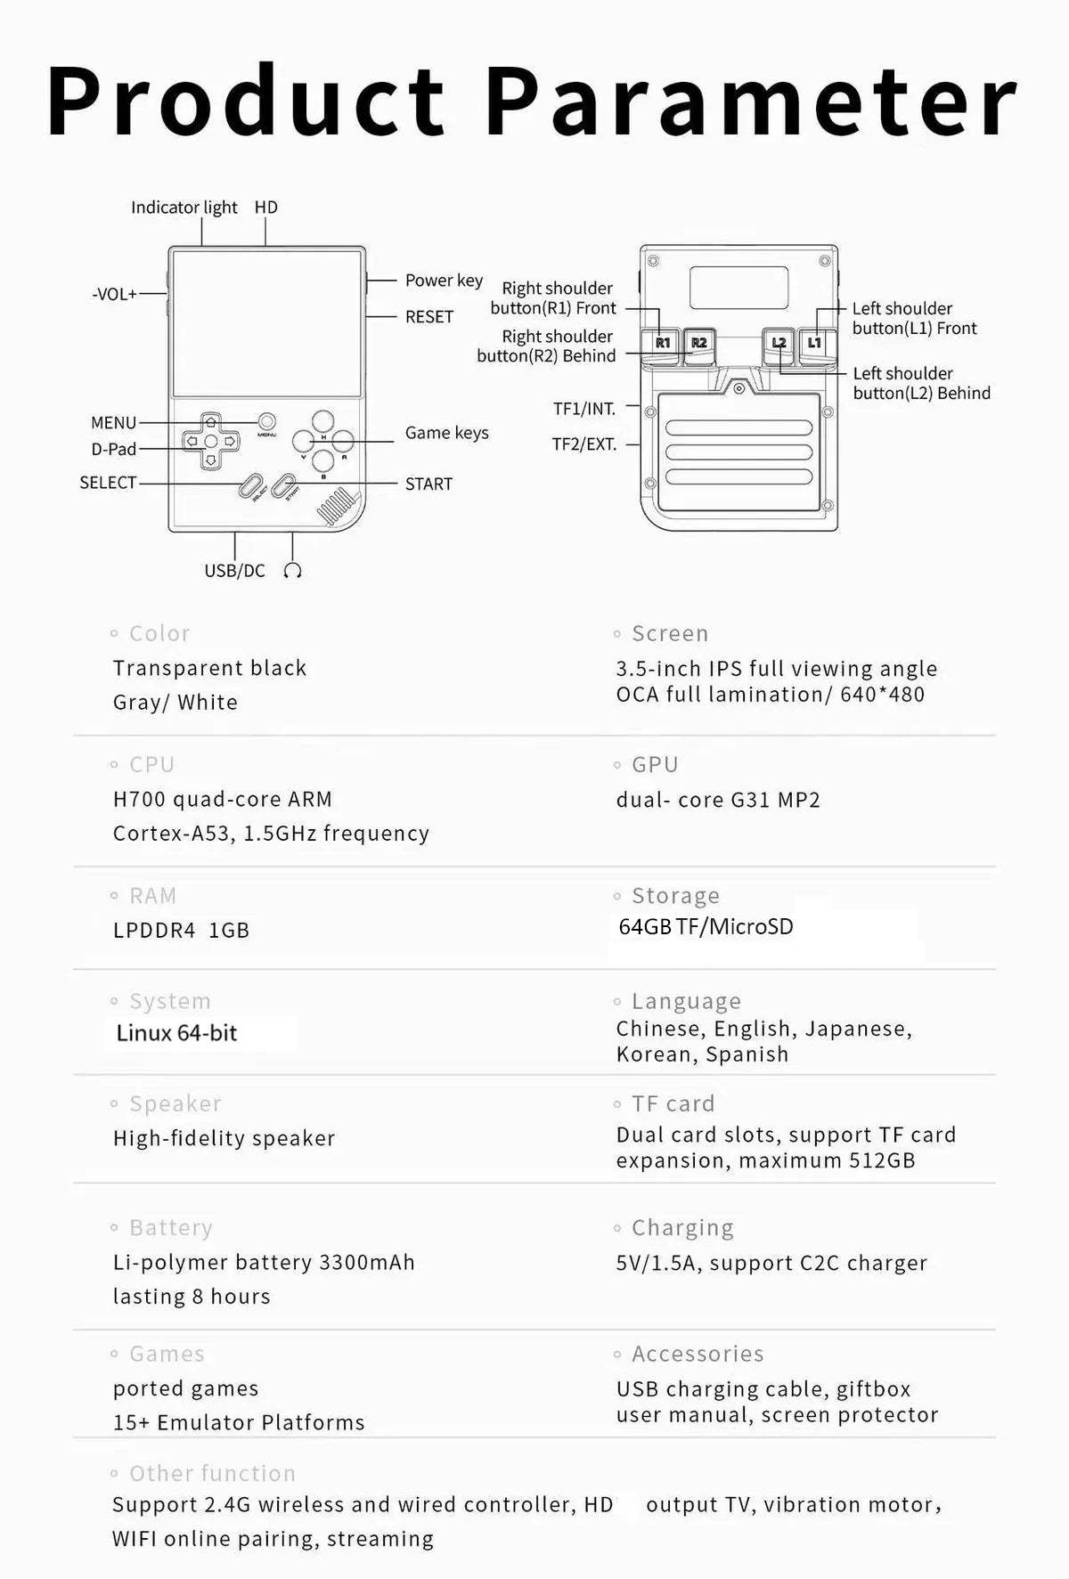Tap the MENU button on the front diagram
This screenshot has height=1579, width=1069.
coord(266,421)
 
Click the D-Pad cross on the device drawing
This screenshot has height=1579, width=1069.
coord(210,441)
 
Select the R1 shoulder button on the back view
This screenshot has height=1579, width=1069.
coord(662,343)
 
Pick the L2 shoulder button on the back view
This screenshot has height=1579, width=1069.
coord(779,343)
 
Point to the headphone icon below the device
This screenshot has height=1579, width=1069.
coord(292,571)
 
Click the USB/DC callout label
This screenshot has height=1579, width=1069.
coord(234,571)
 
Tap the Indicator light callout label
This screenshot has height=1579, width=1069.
coord(184,208)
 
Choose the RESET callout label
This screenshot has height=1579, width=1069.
coord(428,317)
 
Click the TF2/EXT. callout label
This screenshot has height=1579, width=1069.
coord(584,444)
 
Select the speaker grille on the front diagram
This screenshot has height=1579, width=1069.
coord(331,509)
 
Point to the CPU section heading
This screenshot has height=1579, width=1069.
coord(151,765)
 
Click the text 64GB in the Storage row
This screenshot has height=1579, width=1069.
coord(645,927)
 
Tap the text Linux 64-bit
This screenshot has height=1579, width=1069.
coord(176,1033)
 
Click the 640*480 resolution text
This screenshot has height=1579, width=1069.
coord(882,695)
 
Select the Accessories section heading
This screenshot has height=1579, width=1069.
coord(698,1354)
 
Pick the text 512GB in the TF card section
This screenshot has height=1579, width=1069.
coord(882,1160)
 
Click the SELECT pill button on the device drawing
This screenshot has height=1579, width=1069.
coord(252,487)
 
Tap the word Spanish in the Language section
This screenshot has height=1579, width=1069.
coord(747,1054)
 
